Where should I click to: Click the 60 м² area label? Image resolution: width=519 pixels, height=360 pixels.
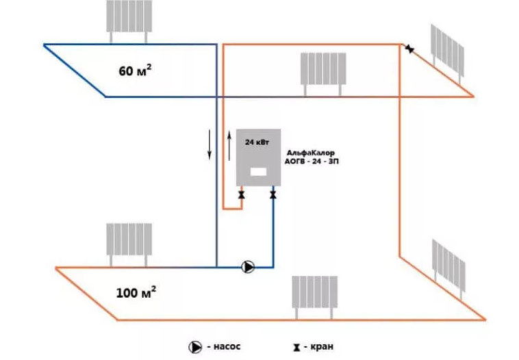click(134, 70)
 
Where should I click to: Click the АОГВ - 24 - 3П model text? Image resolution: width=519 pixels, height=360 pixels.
click(311, 163)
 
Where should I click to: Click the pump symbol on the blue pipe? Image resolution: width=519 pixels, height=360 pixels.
click(248, 267)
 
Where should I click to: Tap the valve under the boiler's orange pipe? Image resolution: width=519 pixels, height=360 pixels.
click(242, 196)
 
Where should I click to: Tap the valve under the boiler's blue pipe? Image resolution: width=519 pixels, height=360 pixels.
click(273, 196)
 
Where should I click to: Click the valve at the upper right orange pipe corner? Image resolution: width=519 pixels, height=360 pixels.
click(409, 49)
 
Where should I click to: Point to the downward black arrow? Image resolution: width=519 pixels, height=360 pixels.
click(210, 144)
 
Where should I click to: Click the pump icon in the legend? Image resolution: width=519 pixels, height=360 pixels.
click(195, 347)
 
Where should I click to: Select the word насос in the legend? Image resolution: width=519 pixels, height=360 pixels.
click(227, 347)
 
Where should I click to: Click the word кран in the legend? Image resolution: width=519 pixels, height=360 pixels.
click(320, 347)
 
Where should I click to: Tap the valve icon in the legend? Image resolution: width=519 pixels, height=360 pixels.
click(296, 348)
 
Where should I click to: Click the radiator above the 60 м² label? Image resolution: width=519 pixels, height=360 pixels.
click(129, 16)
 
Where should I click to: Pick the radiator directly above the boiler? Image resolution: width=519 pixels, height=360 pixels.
click(323, 68)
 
